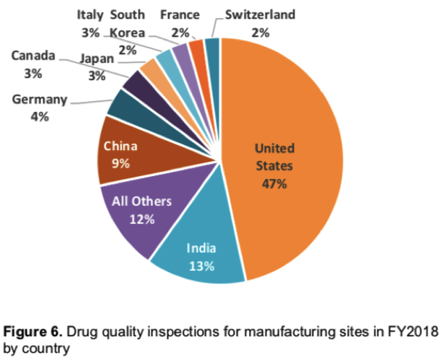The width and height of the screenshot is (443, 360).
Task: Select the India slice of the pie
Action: tap(202, 253)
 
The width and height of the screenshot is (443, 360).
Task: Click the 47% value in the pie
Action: tap(274, 184)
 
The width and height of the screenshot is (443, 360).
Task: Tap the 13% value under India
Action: tap(202, 266)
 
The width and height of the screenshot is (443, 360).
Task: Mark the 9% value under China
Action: tap(120, 163)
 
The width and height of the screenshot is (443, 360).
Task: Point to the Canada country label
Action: tap(34, 56)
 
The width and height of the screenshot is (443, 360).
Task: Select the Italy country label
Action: tap(89, 14)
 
